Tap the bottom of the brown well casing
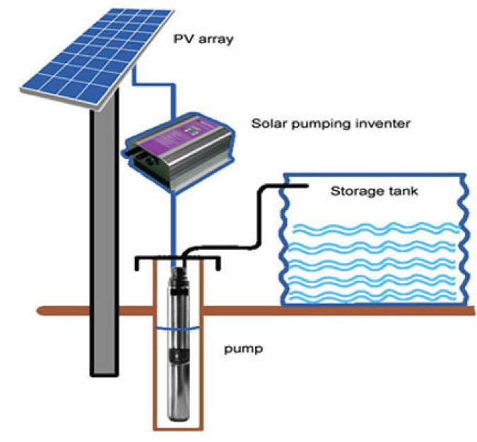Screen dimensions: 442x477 tap(177, 426)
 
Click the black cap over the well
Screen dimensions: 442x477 tap(177, 260)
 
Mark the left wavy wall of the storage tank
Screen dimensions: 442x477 tap(283, 240)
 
